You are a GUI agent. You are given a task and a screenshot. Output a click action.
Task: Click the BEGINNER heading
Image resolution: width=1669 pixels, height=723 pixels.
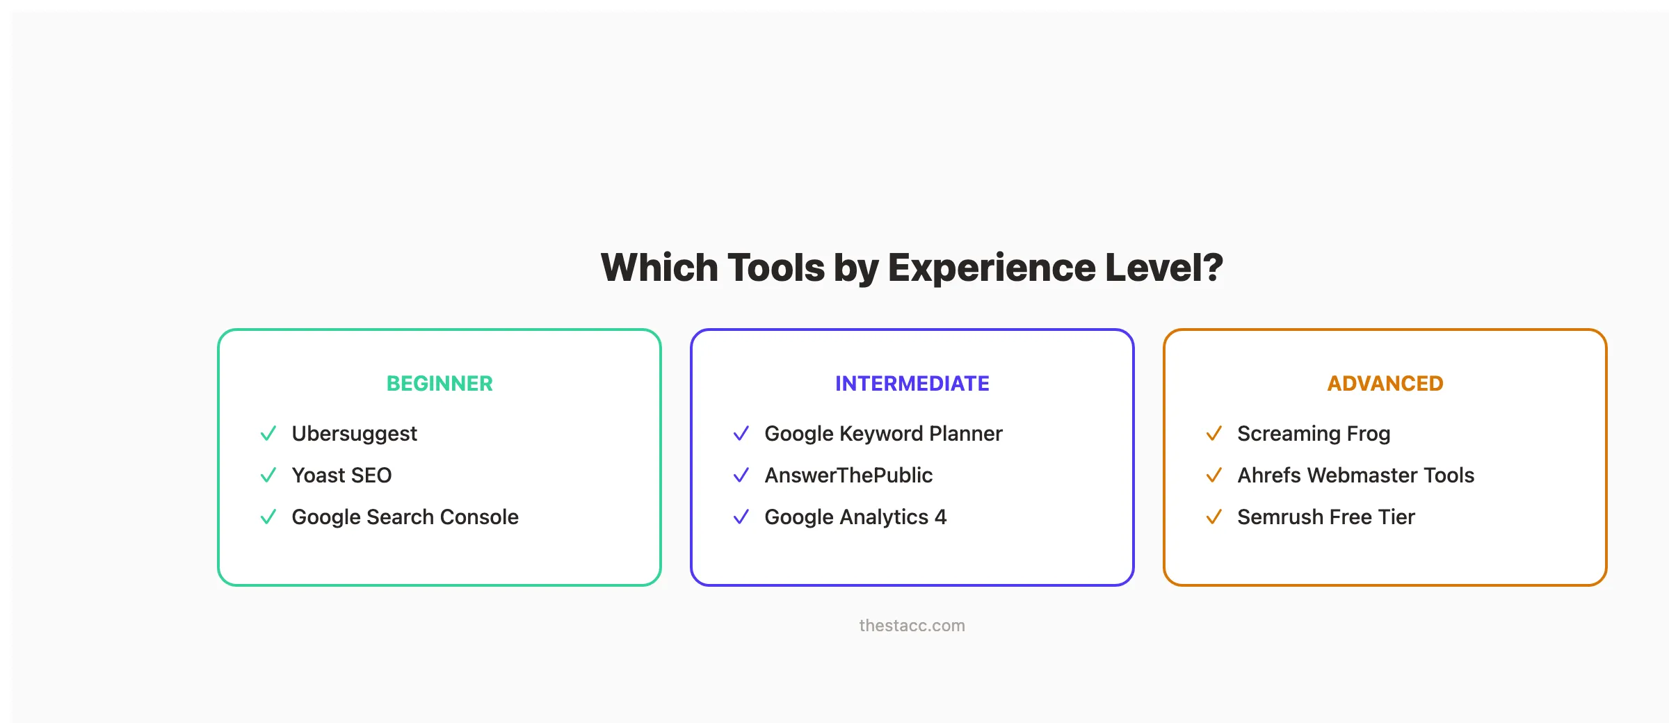tap(440, 383)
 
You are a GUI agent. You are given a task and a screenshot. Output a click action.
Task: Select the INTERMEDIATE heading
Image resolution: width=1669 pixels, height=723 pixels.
tap(912, 383)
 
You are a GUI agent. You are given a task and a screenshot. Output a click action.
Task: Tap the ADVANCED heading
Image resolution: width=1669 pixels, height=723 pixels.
tap(1385, 383)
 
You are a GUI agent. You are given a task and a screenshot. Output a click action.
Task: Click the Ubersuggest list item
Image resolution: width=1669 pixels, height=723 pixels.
tap(354, 434)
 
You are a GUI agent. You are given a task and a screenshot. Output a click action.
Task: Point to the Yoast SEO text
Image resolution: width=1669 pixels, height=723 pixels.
tap(341, 476)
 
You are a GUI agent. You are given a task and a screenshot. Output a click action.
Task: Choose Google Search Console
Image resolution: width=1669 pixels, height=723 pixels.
tap(405, 517)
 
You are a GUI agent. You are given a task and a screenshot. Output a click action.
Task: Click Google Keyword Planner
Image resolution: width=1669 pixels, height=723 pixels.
tap(883, 434)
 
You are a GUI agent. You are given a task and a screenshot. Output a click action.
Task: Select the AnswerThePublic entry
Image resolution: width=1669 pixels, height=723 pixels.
tap(848, 476)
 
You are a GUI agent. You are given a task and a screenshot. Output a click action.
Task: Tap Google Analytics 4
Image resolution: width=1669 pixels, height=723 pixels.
tap(855, 517)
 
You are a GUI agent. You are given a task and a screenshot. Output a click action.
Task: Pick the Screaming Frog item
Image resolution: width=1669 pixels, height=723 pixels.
tap(1314, 434)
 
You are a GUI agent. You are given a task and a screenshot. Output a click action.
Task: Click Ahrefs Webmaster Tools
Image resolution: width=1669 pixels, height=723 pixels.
tap(1355, 476)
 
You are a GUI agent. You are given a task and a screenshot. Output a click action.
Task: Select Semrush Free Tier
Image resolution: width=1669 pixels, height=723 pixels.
tap(1325, 517)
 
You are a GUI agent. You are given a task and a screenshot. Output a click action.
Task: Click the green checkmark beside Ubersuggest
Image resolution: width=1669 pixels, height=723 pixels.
tap(268, 434)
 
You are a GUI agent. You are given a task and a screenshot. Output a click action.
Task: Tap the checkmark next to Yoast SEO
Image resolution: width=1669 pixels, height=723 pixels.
tap(268, 476)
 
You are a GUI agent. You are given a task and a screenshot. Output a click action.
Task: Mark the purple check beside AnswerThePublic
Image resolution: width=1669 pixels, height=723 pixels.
tap(741, 476)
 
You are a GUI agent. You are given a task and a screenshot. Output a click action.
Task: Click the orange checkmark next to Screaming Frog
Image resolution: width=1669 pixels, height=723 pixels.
tap(1214, 434)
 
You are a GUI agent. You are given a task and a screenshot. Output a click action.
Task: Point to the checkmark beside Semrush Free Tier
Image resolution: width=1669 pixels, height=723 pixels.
tap(1214, 517)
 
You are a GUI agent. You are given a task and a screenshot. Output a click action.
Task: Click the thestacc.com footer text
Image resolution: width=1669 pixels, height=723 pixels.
tap(912, 626)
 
